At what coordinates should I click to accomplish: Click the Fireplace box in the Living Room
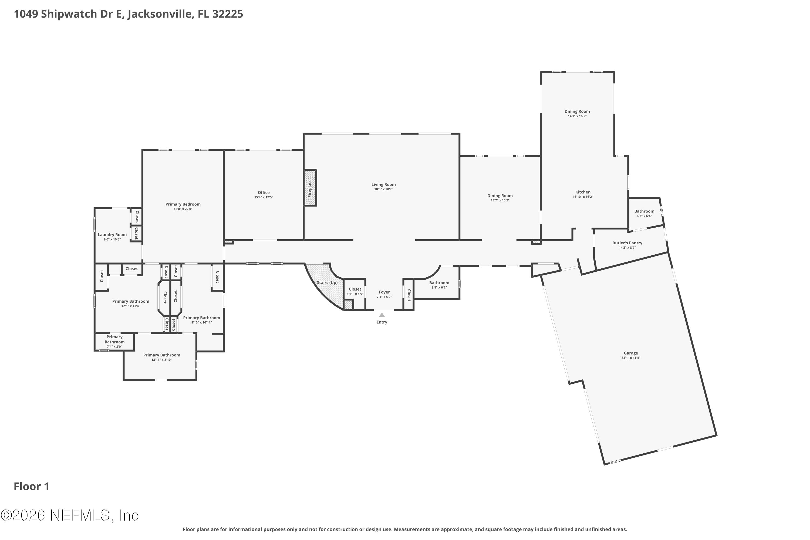pos(310,188)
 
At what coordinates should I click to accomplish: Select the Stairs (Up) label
pos(327,283)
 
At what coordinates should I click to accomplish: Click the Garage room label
pos(631,353)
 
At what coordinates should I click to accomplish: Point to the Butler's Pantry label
pos(627,243)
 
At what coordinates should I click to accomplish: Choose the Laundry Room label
pos(112,235)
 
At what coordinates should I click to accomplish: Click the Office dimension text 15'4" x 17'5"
pos(264,197)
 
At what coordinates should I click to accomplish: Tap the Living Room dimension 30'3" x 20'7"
pos(384,189)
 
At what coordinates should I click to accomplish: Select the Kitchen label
pos(583,192)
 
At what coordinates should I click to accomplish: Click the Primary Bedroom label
pos(183,204)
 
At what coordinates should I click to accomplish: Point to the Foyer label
pos(384,292)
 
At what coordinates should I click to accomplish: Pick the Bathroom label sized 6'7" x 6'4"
pos(644,211)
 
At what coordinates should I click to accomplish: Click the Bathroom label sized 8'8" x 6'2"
pos(439,283)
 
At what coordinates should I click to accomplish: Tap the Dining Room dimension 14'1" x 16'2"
pos(577,116)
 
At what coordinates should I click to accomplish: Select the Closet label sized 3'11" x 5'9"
pos(355,289)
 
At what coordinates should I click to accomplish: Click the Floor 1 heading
pos(32,487)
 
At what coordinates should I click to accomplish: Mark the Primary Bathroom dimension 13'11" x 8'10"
pos(161,360)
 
